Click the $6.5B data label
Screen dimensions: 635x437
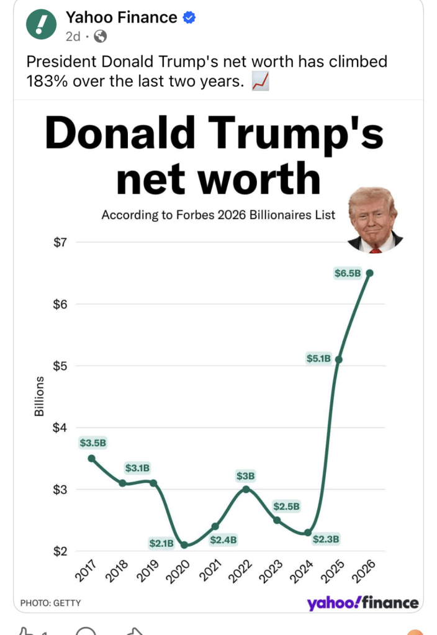pos(348,272)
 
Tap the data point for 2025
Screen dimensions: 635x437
pos(338,359)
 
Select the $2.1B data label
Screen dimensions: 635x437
pos(161,543)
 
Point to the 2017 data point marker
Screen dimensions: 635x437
pos(91,458)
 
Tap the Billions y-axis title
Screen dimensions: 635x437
pos(39,396)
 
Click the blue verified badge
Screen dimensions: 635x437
pos(189,18)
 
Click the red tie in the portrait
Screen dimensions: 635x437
pos(374,250)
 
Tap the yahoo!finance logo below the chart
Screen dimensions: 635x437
pos(363,603)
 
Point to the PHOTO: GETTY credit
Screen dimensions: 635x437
pos(50,603)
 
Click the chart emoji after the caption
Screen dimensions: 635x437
pos(260,81)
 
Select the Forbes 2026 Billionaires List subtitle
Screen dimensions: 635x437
pos(218,215)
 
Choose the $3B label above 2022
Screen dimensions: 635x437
pos(246,476)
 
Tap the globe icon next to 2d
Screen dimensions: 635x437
pos(99,36)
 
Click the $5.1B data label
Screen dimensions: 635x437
pos(319,358)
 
